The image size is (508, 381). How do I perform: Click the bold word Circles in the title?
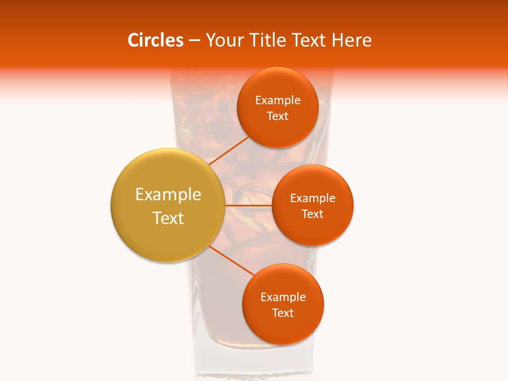[x=156, y=40]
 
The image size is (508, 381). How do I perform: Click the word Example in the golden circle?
[x=168, y=195]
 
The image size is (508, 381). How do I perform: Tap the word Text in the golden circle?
[x=168, y=218]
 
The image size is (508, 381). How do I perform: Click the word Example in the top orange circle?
[x=278, y=101]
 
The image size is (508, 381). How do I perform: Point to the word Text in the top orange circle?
[x=278, y=116]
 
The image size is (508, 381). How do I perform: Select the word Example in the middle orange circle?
[x=313, y=198]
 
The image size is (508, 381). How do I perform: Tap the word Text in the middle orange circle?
[x=313, y=214]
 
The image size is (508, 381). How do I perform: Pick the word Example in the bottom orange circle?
[x=283, y=297]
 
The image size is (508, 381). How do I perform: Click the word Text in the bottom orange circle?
[x=283, y=313]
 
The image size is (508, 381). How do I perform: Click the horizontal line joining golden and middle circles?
[x=248, y=205]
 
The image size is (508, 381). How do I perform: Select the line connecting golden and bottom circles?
[x=231, y=260]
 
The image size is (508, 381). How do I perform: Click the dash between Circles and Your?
[x=194, y=41]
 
